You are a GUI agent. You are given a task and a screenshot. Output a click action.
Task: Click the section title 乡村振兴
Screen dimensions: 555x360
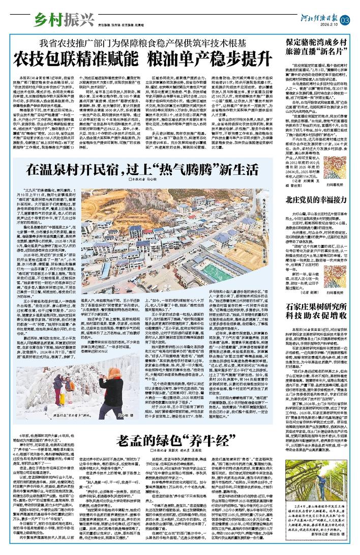tap(56, 20)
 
